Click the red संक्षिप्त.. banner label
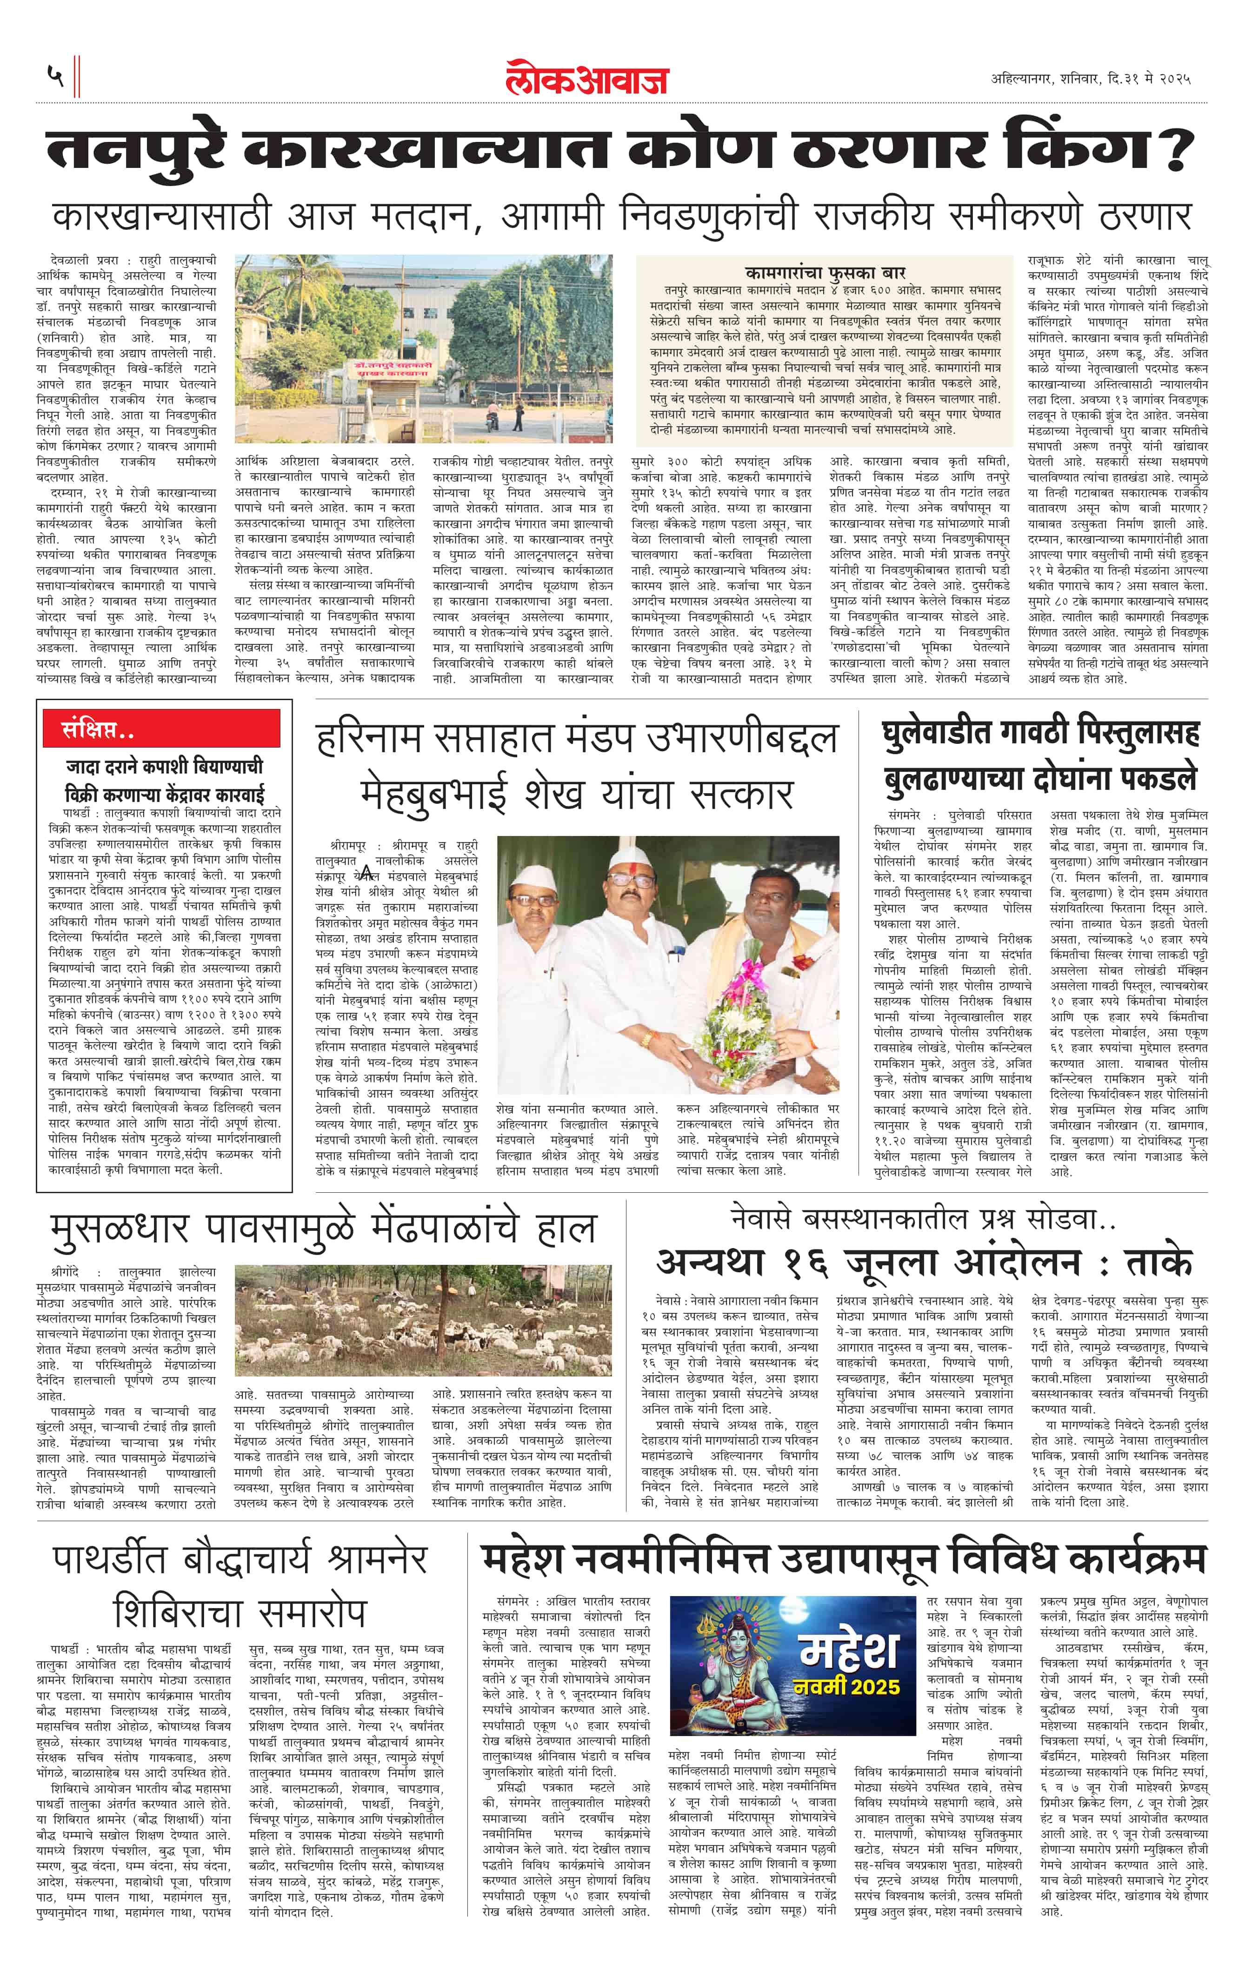point(99,728)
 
